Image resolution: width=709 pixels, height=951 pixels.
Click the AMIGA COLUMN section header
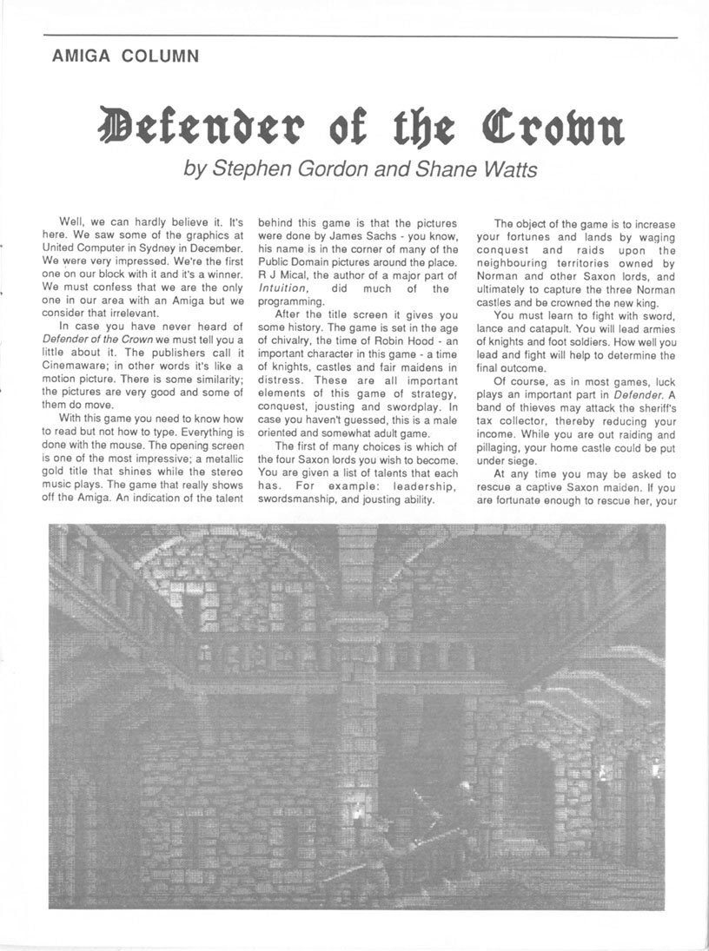[x=125, y=57]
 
